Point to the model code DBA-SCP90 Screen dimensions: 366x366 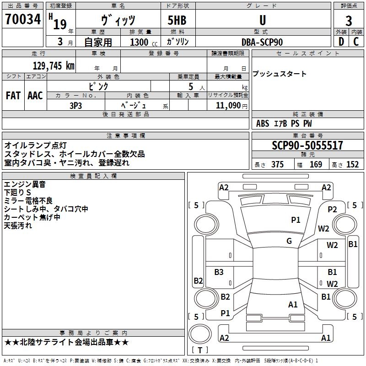[x=262, y=42]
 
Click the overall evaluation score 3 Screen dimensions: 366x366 [x=349, y=21]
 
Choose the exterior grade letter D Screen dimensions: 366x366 [x=341, y=42]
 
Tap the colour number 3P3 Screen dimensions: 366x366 [x=75, y=105]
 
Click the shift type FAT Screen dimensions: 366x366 [x=13, y=96]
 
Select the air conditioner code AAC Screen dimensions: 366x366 [x=35, y=96]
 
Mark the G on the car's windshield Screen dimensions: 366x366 [x=289, y=241]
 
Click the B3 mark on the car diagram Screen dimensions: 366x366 [x=219, y=272]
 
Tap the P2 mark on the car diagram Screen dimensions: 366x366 [x=332, y=209]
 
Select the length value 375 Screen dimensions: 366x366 [x=277, y=165]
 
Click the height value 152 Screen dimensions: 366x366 [x=352, y=165]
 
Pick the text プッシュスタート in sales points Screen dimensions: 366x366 [x=280, y=74]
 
